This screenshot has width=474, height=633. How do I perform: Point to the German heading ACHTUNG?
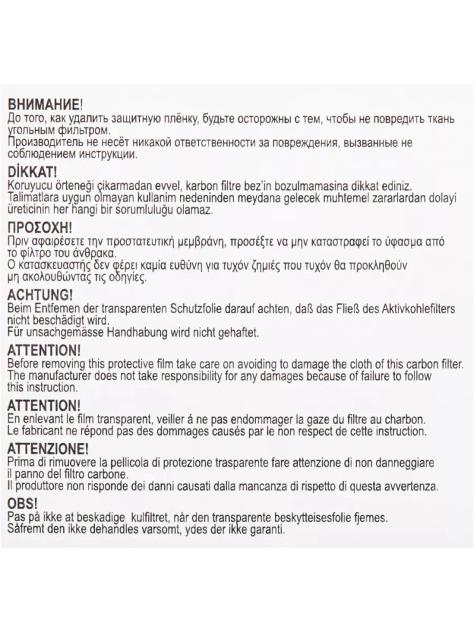[x=39, y=295]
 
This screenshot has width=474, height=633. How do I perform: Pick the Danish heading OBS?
[x=22, y=504]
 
